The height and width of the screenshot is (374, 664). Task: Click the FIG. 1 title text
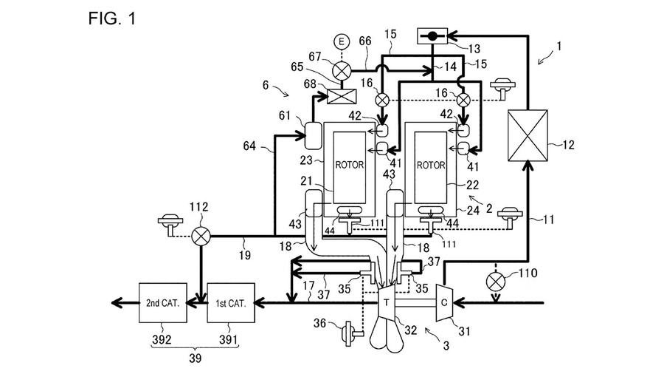click(112, 18)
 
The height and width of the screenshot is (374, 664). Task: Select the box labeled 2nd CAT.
click(163, 303)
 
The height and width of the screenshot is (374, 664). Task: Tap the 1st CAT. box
click(231, 303)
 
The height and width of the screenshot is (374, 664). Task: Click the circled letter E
click(342, 41)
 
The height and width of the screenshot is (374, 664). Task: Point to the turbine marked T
click(386, 302)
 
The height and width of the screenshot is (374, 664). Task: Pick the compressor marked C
click(445, 302)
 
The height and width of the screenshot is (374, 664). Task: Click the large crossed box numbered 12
click(528, 135)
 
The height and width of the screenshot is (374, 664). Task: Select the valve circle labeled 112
click(201, 237)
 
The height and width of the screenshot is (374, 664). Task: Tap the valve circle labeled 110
click(497, 282)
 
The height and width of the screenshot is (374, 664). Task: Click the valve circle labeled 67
click(342, 70)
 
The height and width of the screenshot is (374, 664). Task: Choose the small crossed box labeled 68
click(342, 97)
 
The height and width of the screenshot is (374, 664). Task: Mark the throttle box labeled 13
click(432, 36)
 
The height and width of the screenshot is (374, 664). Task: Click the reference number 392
click(162, 339)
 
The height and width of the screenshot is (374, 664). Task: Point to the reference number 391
click(228, 339)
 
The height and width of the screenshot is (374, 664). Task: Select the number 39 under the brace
click(195, 358)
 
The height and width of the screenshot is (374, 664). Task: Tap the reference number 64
click(249, 146)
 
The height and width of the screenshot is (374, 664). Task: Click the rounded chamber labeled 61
click(314, 135)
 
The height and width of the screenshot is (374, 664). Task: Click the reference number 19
click(245, 255)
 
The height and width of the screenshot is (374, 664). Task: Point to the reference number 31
click(465, 330)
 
